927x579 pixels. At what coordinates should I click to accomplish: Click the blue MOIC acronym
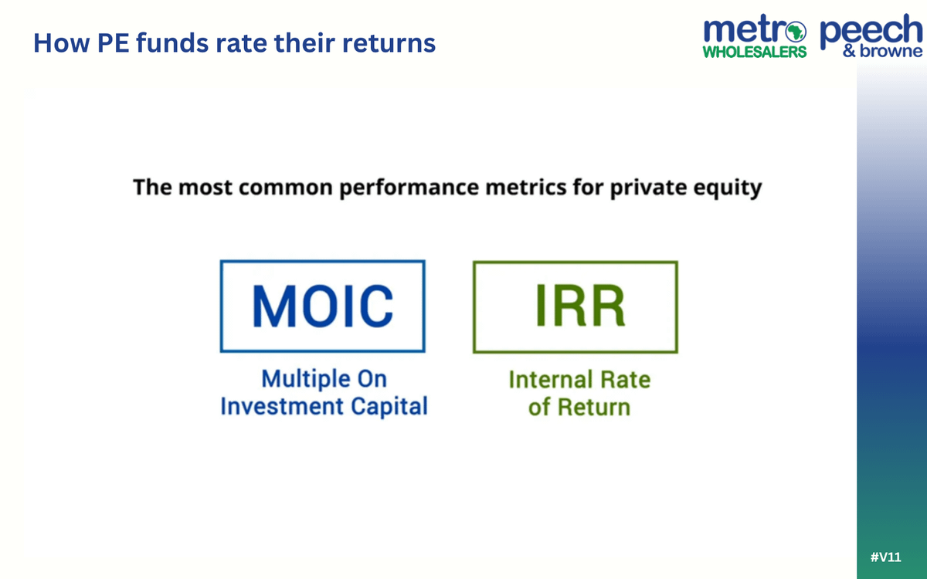[323, 306]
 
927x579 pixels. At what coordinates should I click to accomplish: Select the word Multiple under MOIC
[306, 380]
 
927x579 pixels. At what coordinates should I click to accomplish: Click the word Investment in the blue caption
[281, 406]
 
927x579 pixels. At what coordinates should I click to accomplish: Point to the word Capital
[389, 407]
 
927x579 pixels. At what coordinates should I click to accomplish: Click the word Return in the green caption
[594, 407]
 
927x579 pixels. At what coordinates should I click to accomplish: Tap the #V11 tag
[885, 557]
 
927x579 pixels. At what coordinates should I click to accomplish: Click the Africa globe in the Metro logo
[796, 32]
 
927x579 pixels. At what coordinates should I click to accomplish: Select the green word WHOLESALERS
[755, 52]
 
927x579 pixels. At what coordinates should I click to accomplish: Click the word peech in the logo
[871, 30]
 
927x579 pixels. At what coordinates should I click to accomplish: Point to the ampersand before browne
[849, 51]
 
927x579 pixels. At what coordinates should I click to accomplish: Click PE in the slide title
[113, 43]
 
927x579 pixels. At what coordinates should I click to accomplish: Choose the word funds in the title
[172, 42]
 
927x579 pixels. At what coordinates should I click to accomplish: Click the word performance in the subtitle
[409, 188]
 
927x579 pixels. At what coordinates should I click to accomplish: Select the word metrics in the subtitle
[525, 188]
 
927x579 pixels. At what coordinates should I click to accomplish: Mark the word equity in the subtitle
[728, 188]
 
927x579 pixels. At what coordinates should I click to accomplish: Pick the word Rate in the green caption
[625, 380]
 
